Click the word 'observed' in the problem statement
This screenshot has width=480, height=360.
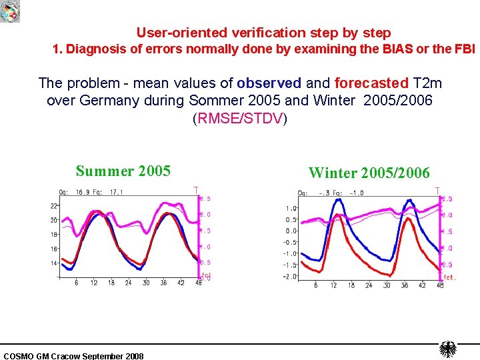[269, 83]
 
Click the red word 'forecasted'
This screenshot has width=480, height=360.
[371, 83]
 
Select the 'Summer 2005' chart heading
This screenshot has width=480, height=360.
[123, 171]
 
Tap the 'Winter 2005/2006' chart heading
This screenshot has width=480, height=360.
[369, 173]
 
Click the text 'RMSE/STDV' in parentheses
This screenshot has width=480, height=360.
[239, 119]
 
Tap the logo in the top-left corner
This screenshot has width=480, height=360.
[10, 11]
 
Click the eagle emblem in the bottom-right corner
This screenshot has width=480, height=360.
[447, 349]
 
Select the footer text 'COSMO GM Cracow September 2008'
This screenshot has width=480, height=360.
[73, 356]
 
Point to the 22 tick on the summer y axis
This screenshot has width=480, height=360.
[53, 206]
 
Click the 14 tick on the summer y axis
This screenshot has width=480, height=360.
[53, 263]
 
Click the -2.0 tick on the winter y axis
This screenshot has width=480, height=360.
[289, 277]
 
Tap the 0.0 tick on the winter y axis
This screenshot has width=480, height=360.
[291, 231]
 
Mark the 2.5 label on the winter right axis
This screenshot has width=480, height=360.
[447, 199]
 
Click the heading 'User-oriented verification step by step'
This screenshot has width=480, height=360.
[263, 33]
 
